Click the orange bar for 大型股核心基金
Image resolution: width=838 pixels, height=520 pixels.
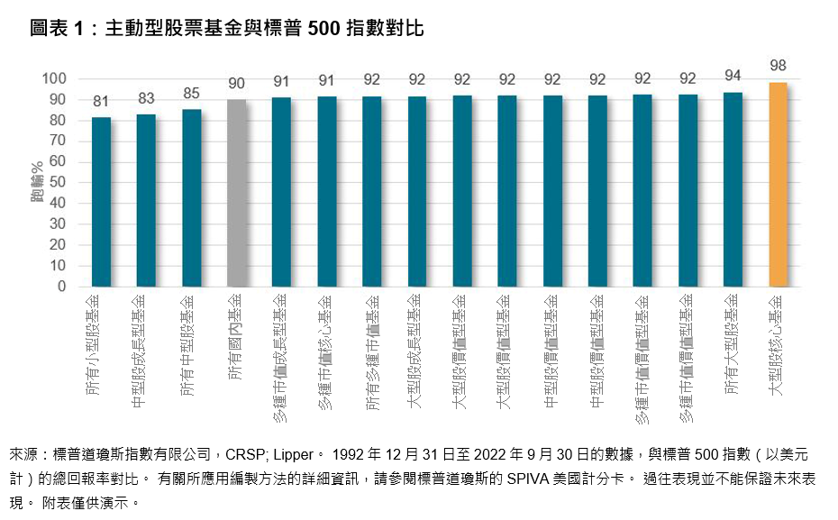click(778, 185)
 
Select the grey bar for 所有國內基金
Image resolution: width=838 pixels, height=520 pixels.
click(236, 193)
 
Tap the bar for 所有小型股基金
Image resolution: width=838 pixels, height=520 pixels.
click(101, 202)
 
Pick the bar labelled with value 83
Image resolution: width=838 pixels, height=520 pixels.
click(146, 200)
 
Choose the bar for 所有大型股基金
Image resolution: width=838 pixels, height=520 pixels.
click(733, 189)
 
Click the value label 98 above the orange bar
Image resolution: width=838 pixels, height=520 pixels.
click(778, 66)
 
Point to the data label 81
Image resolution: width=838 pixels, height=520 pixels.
click(101, 101)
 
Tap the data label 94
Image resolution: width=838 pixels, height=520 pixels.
click(733, 75)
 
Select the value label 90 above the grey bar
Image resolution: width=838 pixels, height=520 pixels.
click(236, 83)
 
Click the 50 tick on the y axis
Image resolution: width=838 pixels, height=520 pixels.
click(58, 183)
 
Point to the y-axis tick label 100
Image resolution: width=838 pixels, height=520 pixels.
click(54, 78)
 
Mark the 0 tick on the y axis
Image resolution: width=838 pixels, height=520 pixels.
click(62, 287)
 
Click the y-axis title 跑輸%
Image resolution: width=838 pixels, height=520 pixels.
click(36, 181)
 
